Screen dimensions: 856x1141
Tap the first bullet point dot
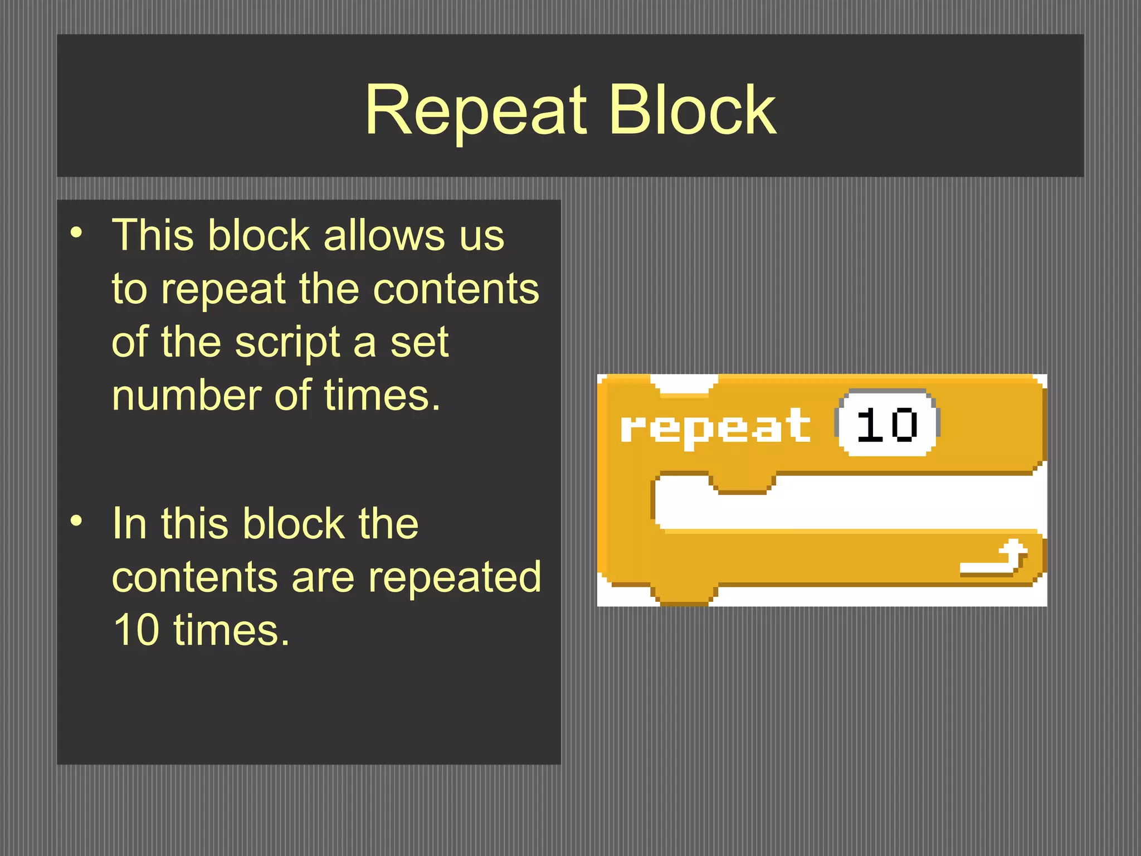click(x=77, y=232)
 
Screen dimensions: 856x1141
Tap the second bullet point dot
click(x=77, y=521)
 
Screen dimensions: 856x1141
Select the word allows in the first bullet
click(x=384, y=235)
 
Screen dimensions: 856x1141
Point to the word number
click(x=186, y=396)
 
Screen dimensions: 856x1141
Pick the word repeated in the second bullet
click(x=455, y=577)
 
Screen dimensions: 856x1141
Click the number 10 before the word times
click(x=136, y=630)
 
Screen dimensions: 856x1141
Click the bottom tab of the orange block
click(x=684, y=594)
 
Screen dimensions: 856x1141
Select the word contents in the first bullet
click(x=456, y=289)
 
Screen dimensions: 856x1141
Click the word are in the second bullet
click(x=323, y=577)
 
